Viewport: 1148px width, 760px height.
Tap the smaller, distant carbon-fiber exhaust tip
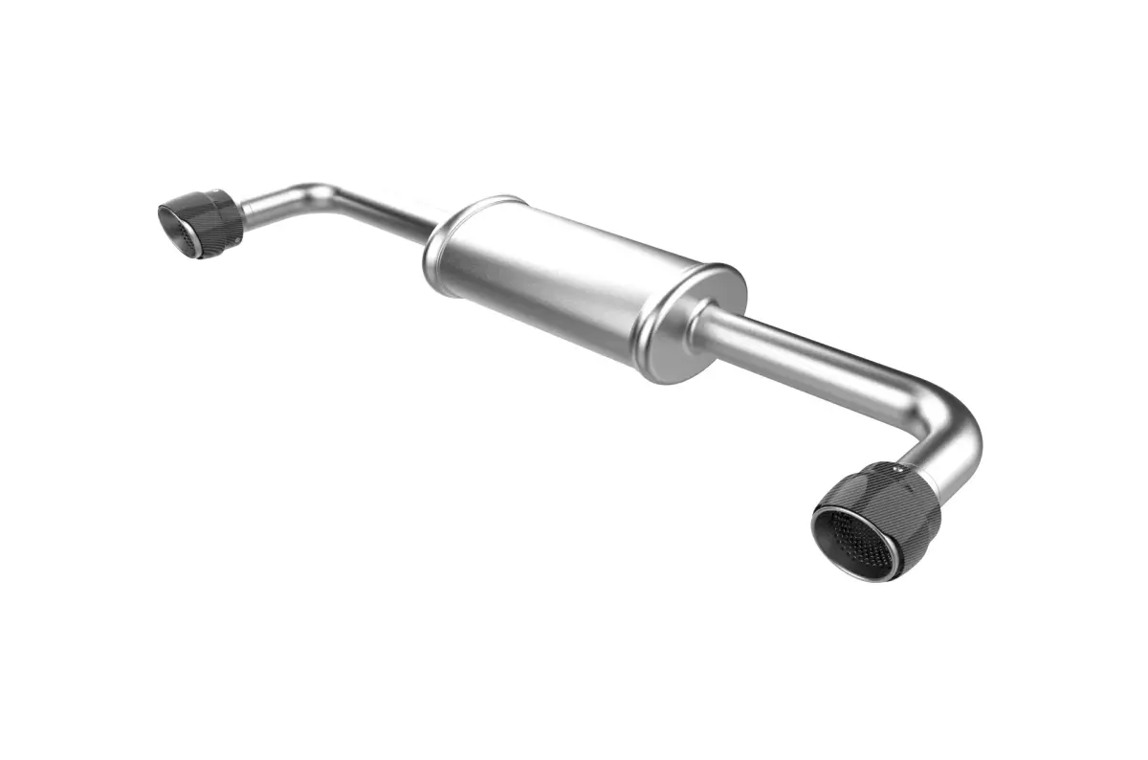pyautogui.click(x=200, y=222)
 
